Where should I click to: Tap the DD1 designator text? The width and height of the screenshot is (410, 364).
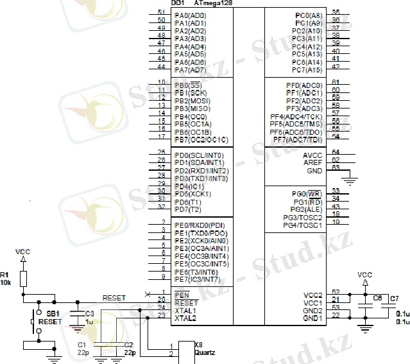point(178,4)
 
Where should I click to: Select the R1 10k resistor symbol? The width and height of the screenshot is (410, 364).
point(23,278)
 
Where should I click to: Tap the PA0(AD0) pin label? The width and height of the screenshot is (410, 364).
point(190,15)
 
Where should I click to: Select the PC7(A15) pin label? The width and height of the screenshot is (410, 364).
point(307,70)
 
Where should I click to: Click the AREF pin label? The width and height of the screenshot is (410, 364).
point(314,163)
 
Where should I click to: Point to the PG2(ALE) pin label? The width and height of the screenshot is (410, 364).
point(306,210)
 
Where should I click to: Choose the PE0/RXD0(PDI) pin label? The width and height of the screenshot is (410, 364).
point(200,225)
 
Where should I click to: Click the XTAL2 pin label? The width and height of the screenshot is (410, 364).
point(185,318)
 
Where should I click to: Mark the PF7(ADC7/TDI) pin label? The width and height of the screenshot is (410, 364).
point(297,140)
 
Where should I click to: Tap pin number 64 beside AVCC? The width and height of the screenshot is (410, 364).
point(335,152)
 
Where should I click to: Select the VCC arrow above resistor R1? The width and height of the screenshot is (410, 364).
point(23,259)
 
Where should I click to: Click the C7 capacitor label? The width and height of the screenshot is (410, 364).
point(394,299)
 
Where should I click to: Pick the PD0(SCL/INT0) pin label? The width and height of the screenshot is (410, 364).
point(198,155)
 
